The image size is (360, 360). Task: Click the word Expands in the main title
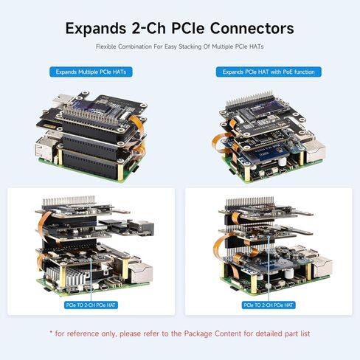(96, 29)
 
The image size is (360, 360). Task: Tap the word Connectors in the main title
(252, 28)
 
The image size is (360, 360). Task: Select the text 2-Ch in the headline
(149, 28)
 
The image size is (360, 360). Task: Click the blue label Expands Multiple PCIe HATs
(91, 72)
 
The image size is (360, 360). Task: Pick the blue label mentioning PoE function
(269, 72)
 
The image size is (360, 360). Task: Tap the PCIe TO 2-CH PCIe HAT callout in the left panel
(91, 305)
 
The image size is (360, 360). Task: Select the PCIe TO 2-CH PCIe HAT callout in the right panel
(269, 305)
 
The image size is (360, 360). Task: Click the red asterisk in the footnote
(51, 333)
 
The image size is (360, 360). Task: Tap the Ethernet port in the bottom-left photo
(141, 272)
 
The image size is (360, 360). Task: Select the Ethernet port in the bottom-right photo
(322, 268)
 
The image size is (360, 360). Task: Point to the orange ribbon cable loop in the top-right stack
(221, 143)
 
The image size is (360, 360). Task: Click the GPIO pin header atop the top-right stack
(249, 98)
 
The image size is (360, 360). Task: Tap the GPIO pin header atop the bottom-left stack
(69, 201)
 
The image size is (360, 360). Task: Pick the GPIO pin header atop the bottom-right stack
(250, 201)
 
